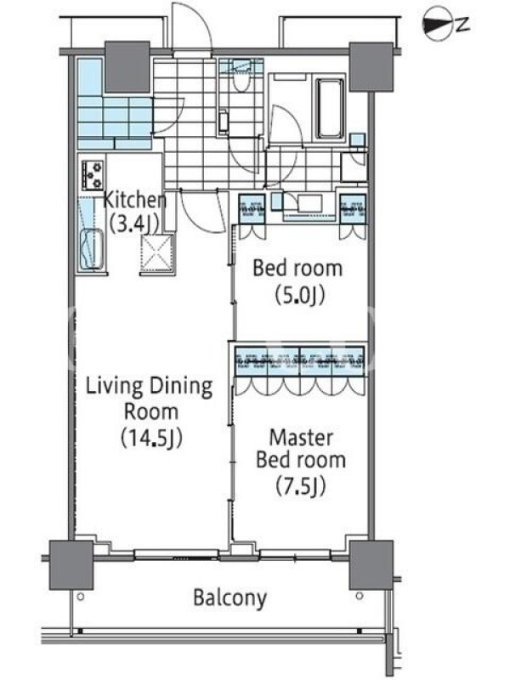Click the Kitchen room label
pyautogui.click(x=135, y=200)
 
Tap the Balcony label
pyautogui.click(x=229, y=598)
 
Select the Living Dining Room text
pyautogui.click(x=150, y=399)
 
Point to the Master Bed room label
pyautogui.click(x=301, y=449)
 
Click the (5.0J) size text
pyautogui.click(x=300, y=296)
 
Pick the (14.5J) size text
pyautogui.click(x=151, y=438)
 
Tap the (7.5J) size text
pyautogui.click(x=301, y=486)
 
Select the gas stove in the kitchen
pyautogui.click(x=93, y=175)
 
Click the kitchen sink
pyautogui.click(x=92, y=250)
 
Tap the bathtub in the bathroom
pyautogui.click(x=330, y=108)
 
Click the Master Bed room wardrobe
pyautogui.click(x=300, y=360)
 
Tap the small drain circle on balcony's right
pyautogui.click(x=359, y=596)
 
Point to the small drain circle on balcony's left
pyautogui.click(x=80, y=597)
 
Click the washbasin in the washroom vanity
pyautogui.click(x=309, y=204)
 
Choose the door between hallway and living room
pyautogui.click(x=202, y=211)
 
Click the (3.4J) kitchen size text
pyautogui.click(x=133, y=225)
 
